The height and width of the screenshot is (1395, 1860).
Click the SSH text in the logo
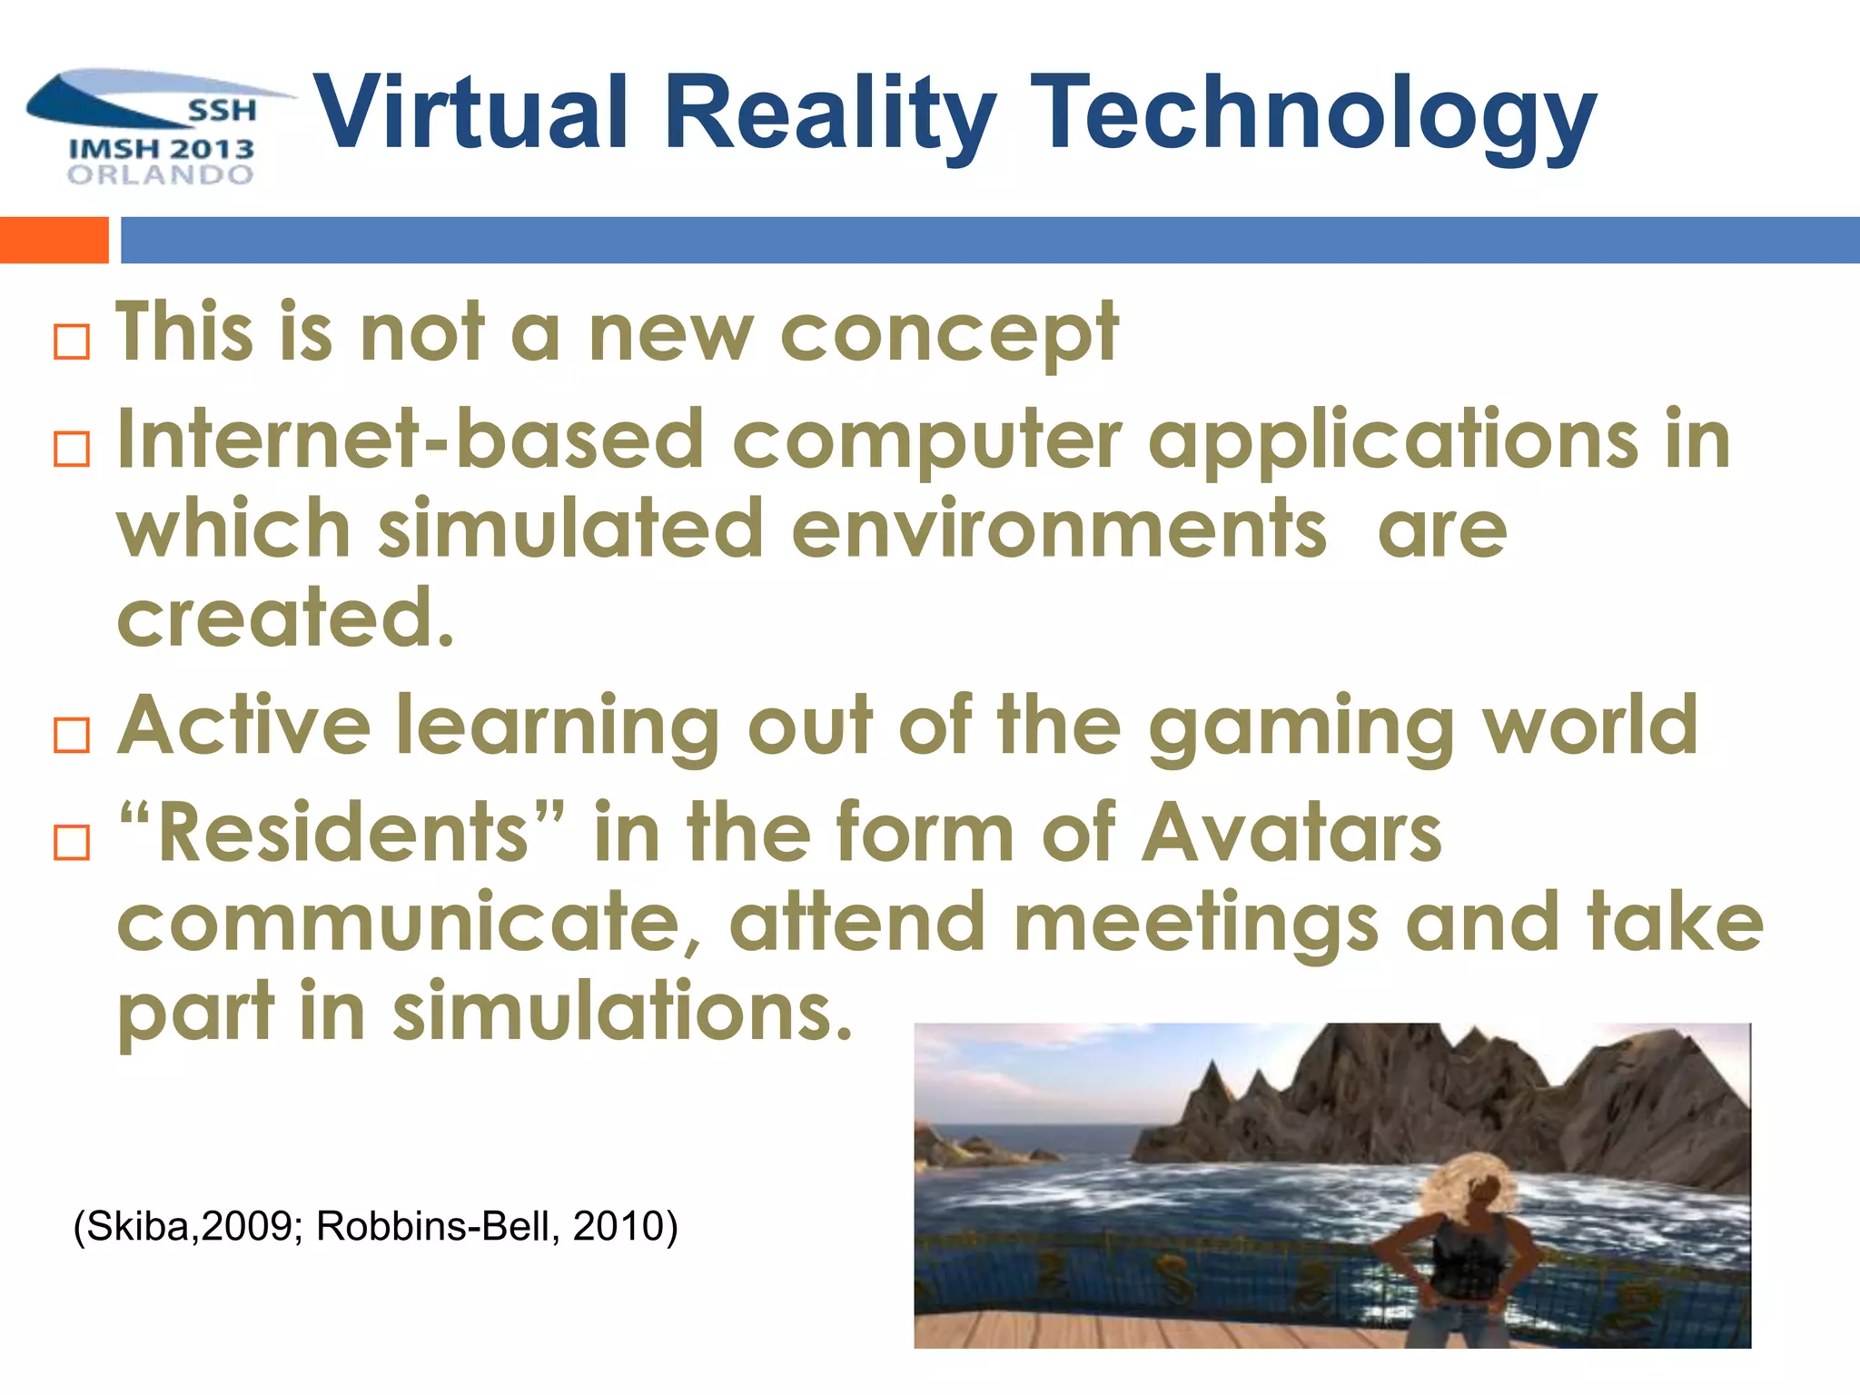point(223,111)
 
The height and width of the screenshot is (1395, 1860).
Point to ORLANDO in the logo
point(161,174)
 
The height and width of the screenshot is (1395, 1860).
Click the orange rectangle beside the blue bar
point(54,240)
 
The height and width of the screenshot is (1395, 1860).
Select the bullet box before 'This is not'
point(72,341)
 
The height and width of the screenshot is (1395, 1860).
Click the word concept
point(949,334)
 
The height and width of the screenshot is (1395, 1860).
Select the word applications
point(1393,441)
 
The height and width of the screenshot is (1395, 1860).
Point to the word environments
point(1058,529)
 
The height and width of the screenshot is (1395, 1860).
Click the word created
point(283,618)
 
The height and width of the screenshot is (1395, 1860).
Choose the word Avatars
point(1291,833)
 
